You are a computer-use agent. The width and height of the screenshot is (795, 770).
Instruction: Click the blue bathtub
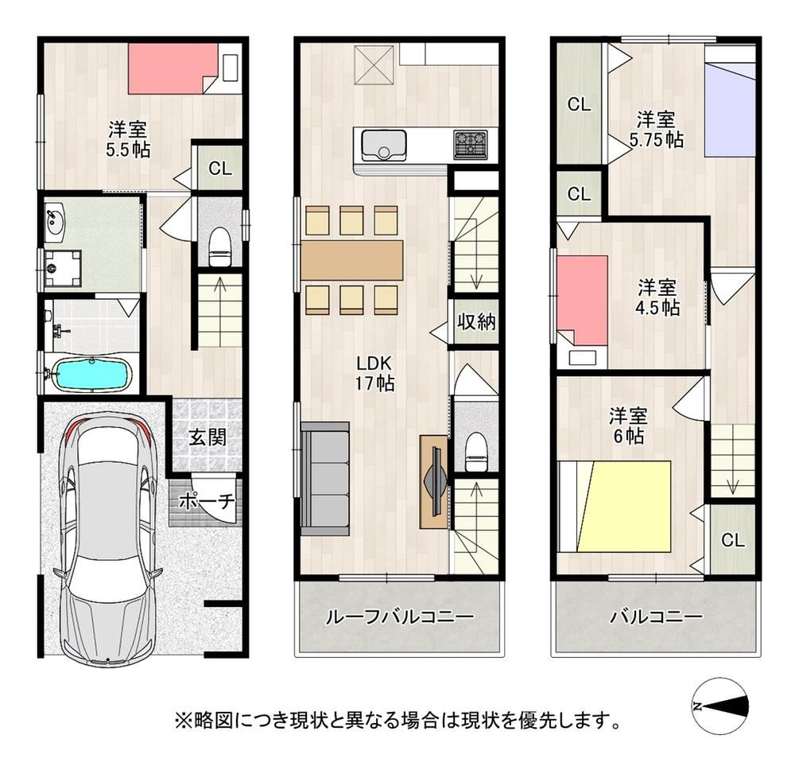click(x=91, y=374)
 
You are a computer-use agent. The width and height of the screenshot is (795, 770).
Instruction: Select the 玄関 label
click(x=207, y=437)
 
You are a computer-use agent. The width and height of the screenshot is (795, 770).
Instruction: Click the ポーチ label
click(x=207, y=501)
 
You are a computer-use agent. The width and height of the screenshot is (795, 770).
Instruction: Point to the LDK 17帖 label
click(x=374, y=373)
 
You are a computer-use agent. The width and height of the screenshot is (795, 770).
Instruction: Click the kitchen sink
click(x=383, y=145)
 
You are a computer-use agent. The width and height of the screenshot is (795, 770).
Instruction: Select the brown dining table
click(x=352, y=260)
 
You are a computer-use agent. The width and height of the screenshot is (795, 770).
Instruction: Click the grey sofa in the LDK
click(x=325, y=478)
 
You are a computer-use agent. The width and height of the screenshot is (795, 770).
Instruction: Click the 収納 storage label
click(x=476, y=321)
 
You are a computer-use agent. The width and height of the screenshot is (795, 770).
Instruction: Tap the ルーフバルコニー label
click(x=400, y=616)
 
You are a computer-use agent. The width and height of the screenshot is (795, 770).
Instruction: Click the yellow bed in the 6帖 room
click(x=624, y=506)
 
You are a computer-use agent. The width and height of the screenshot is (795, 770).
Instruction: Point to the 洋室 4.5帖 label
click(x=657, y=297)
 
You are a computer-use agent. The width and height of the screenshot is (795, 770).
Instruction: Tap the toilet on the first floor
click(x=220, y=247)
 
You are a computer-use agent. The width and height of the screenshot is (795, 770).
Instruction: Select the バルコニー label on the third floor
click(x=656, y=616)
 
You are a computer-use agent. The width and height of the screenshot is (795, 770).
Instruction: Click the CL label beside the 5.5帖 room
click(x=220, y=169)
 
